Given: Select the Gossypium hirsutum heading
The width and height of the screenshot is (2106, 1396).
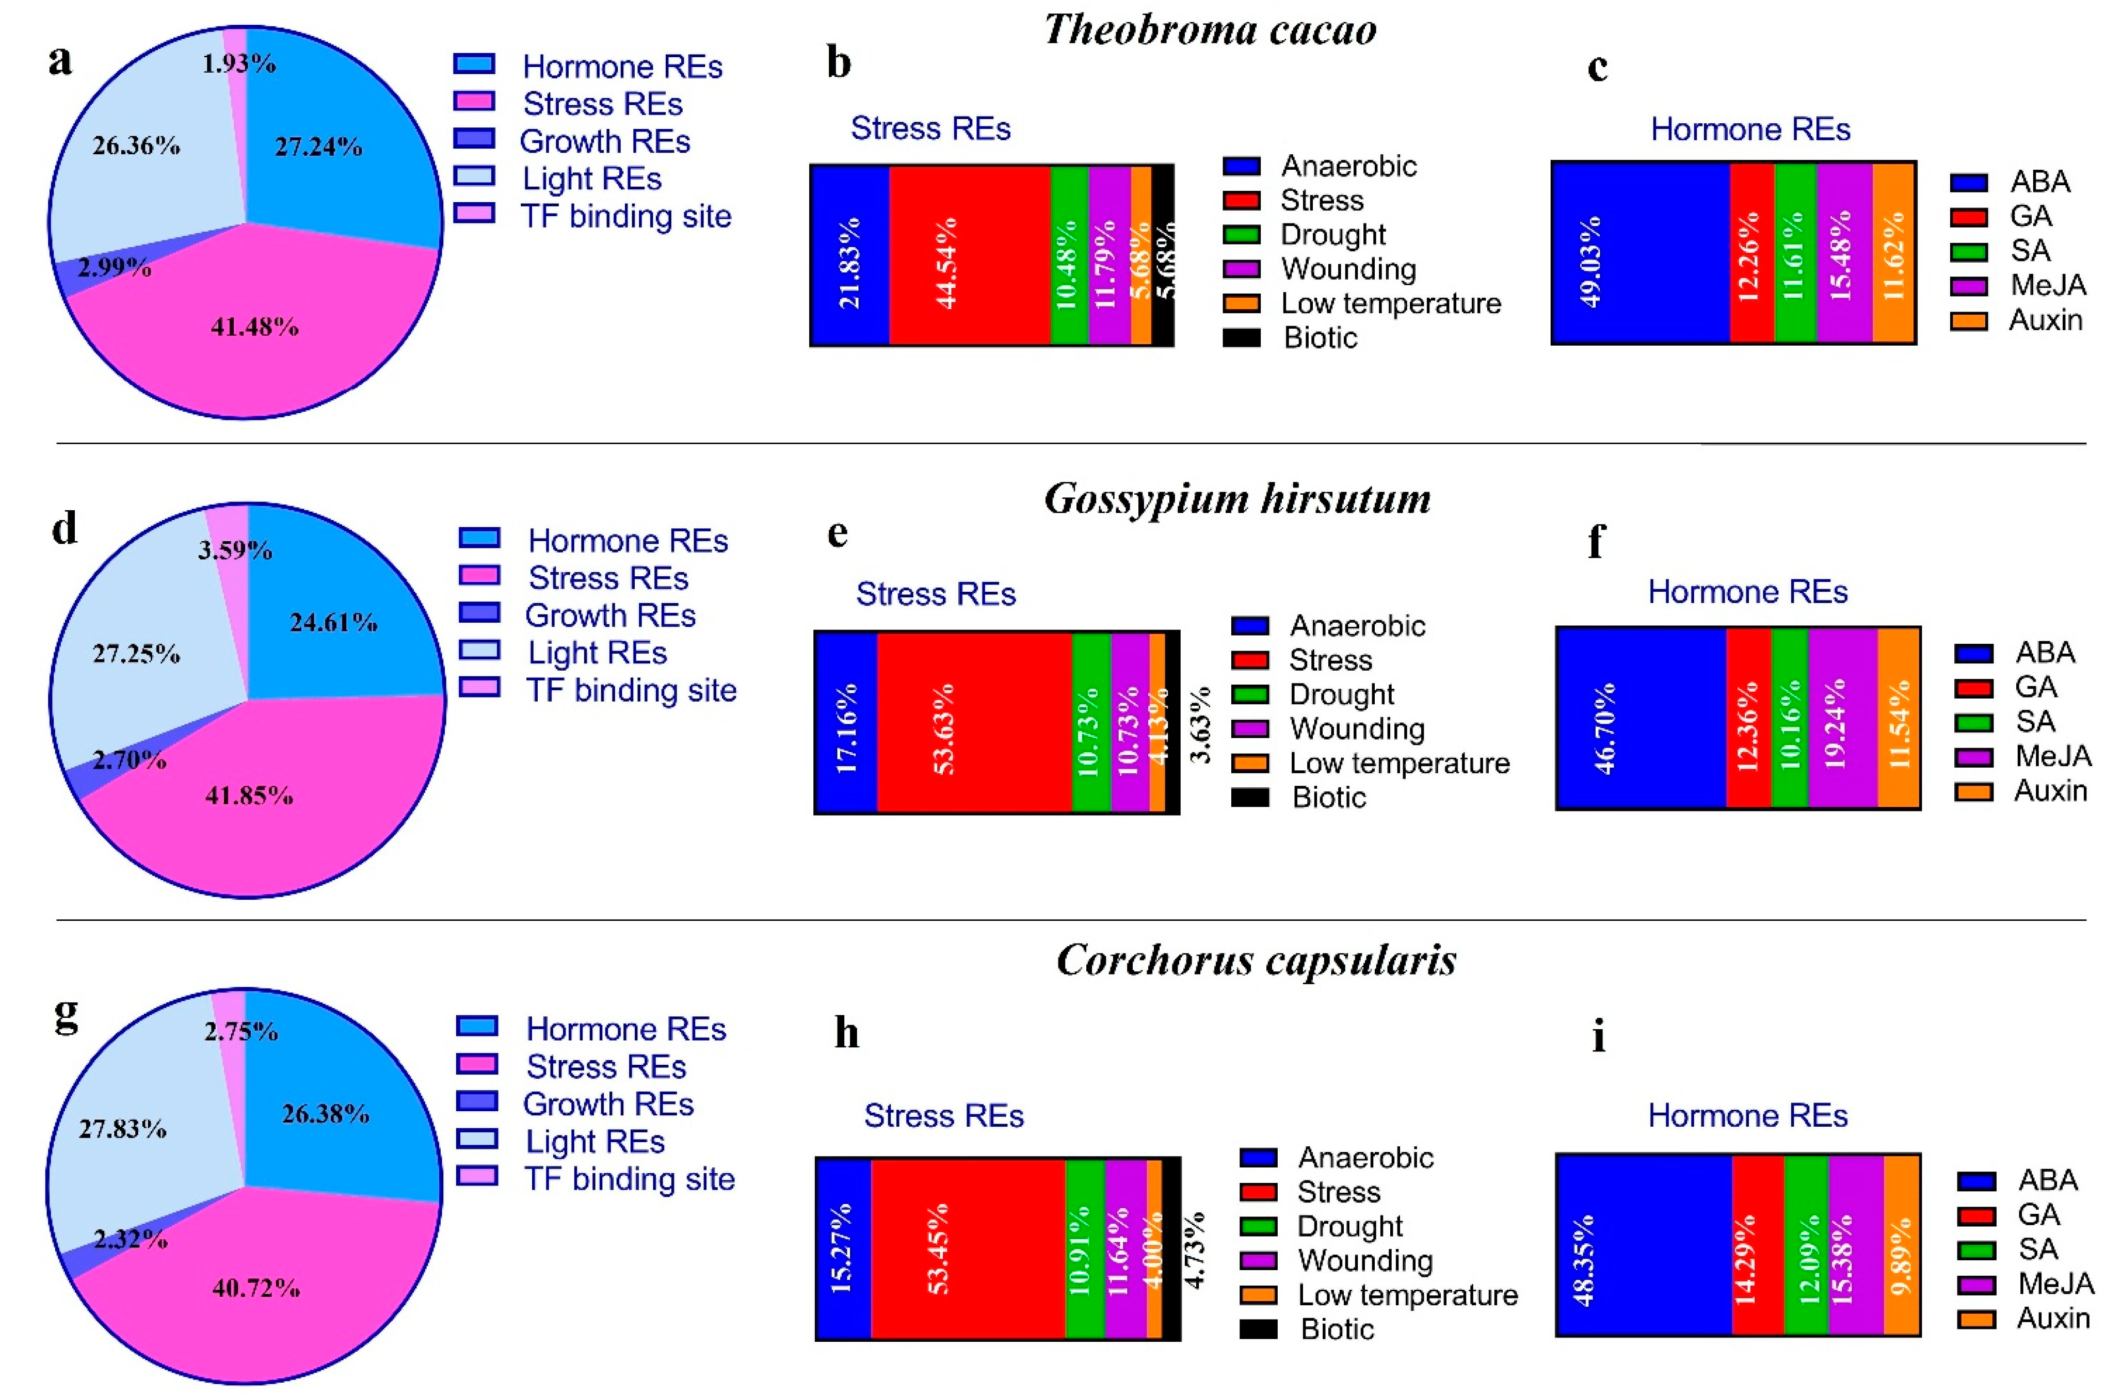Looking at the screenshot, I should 1237,498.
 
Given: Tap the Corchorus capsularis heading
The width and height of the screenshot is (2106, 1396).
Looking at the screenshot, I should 1256,960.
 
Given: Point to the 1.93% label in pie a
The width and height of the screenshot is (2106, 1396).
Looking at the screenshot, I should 238,63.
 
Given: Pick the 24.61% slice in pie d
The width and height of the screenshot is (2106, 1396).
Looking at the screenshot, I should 333,622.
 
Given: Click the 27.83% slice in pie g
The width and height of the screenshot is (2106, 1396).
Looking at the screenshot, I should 122,1129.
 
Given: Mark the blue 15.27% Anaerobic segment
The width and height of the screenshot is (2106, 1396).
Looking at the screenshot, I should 842,1248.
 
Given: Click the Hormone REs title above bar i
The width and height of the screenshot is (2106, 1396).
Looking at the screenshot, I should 1747,1115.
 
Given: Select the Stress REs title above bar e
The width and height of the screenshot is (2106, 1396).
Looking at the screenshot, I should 935,594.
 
